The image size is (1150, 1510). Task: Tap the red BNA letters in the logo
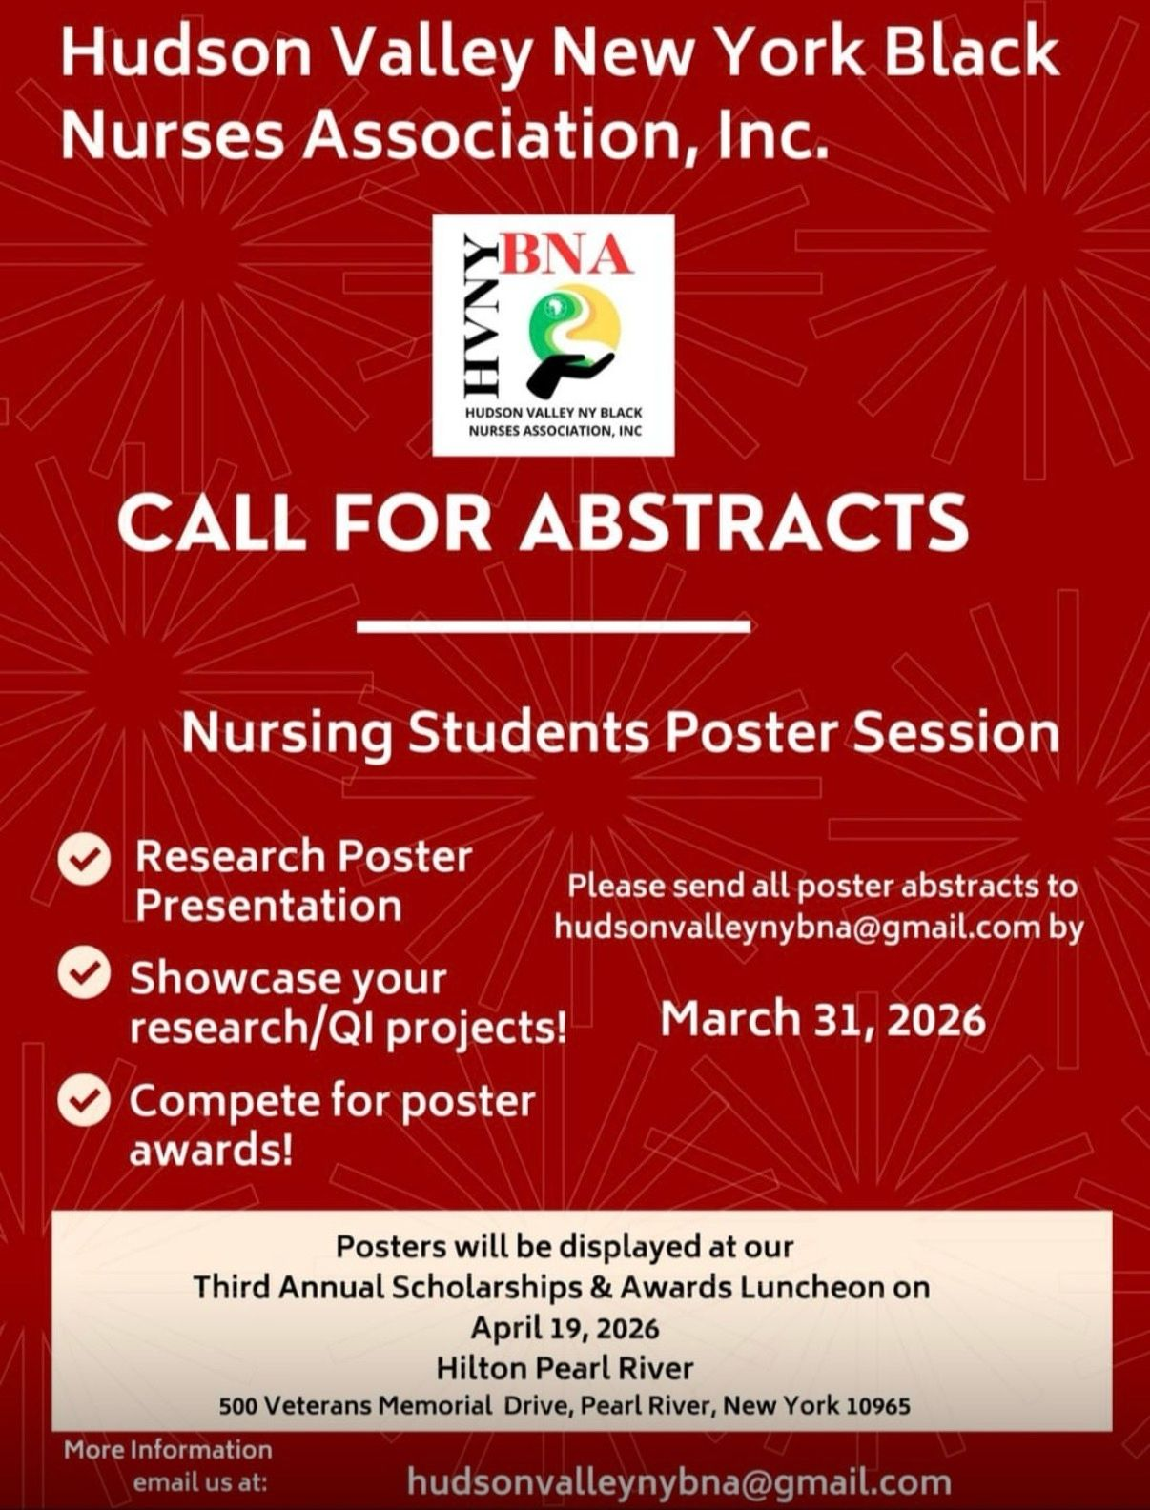pos(568,255)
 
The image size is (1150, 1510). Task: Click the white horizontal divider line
pos(554,626)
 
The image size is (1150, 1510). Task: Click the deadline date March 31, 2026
pos(823,1020)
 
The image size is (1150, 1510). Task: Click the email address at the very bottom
pos(679,1481)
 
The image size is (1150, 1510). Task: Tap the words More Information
pos(168,1449)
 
